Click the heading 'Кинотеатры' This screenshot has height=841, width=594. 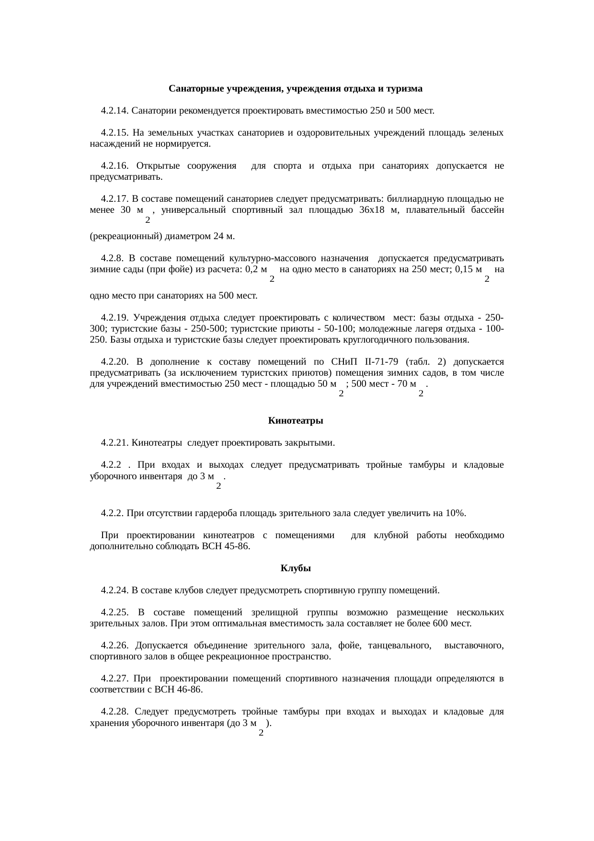pyautogui.click(x=296, y=421)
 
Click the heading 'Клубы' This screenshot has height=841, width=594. pyautogui.click(x=296, y=568)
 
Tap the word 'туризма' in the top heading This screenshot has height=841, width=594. pyautogui.click(x=404, y=89)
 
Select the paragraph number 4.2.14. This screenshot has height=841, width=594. pyautogui.click(x=115, y=111)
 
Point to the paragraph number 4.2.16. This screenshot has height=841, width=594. pyautogui.click(x=115, y=166)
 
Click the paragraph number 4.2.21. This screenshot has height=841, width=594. pyautogui.click(x=115, y=443)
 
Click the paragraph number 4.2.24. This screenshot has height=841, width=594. pyautogui.click(x=115, y=590)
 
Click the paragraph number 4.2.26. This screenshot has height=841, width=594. pyautogui.click(x=115, y=645)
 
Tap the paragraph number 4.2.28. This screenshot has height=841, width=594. pyautogui.click(x=115, y=712)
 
